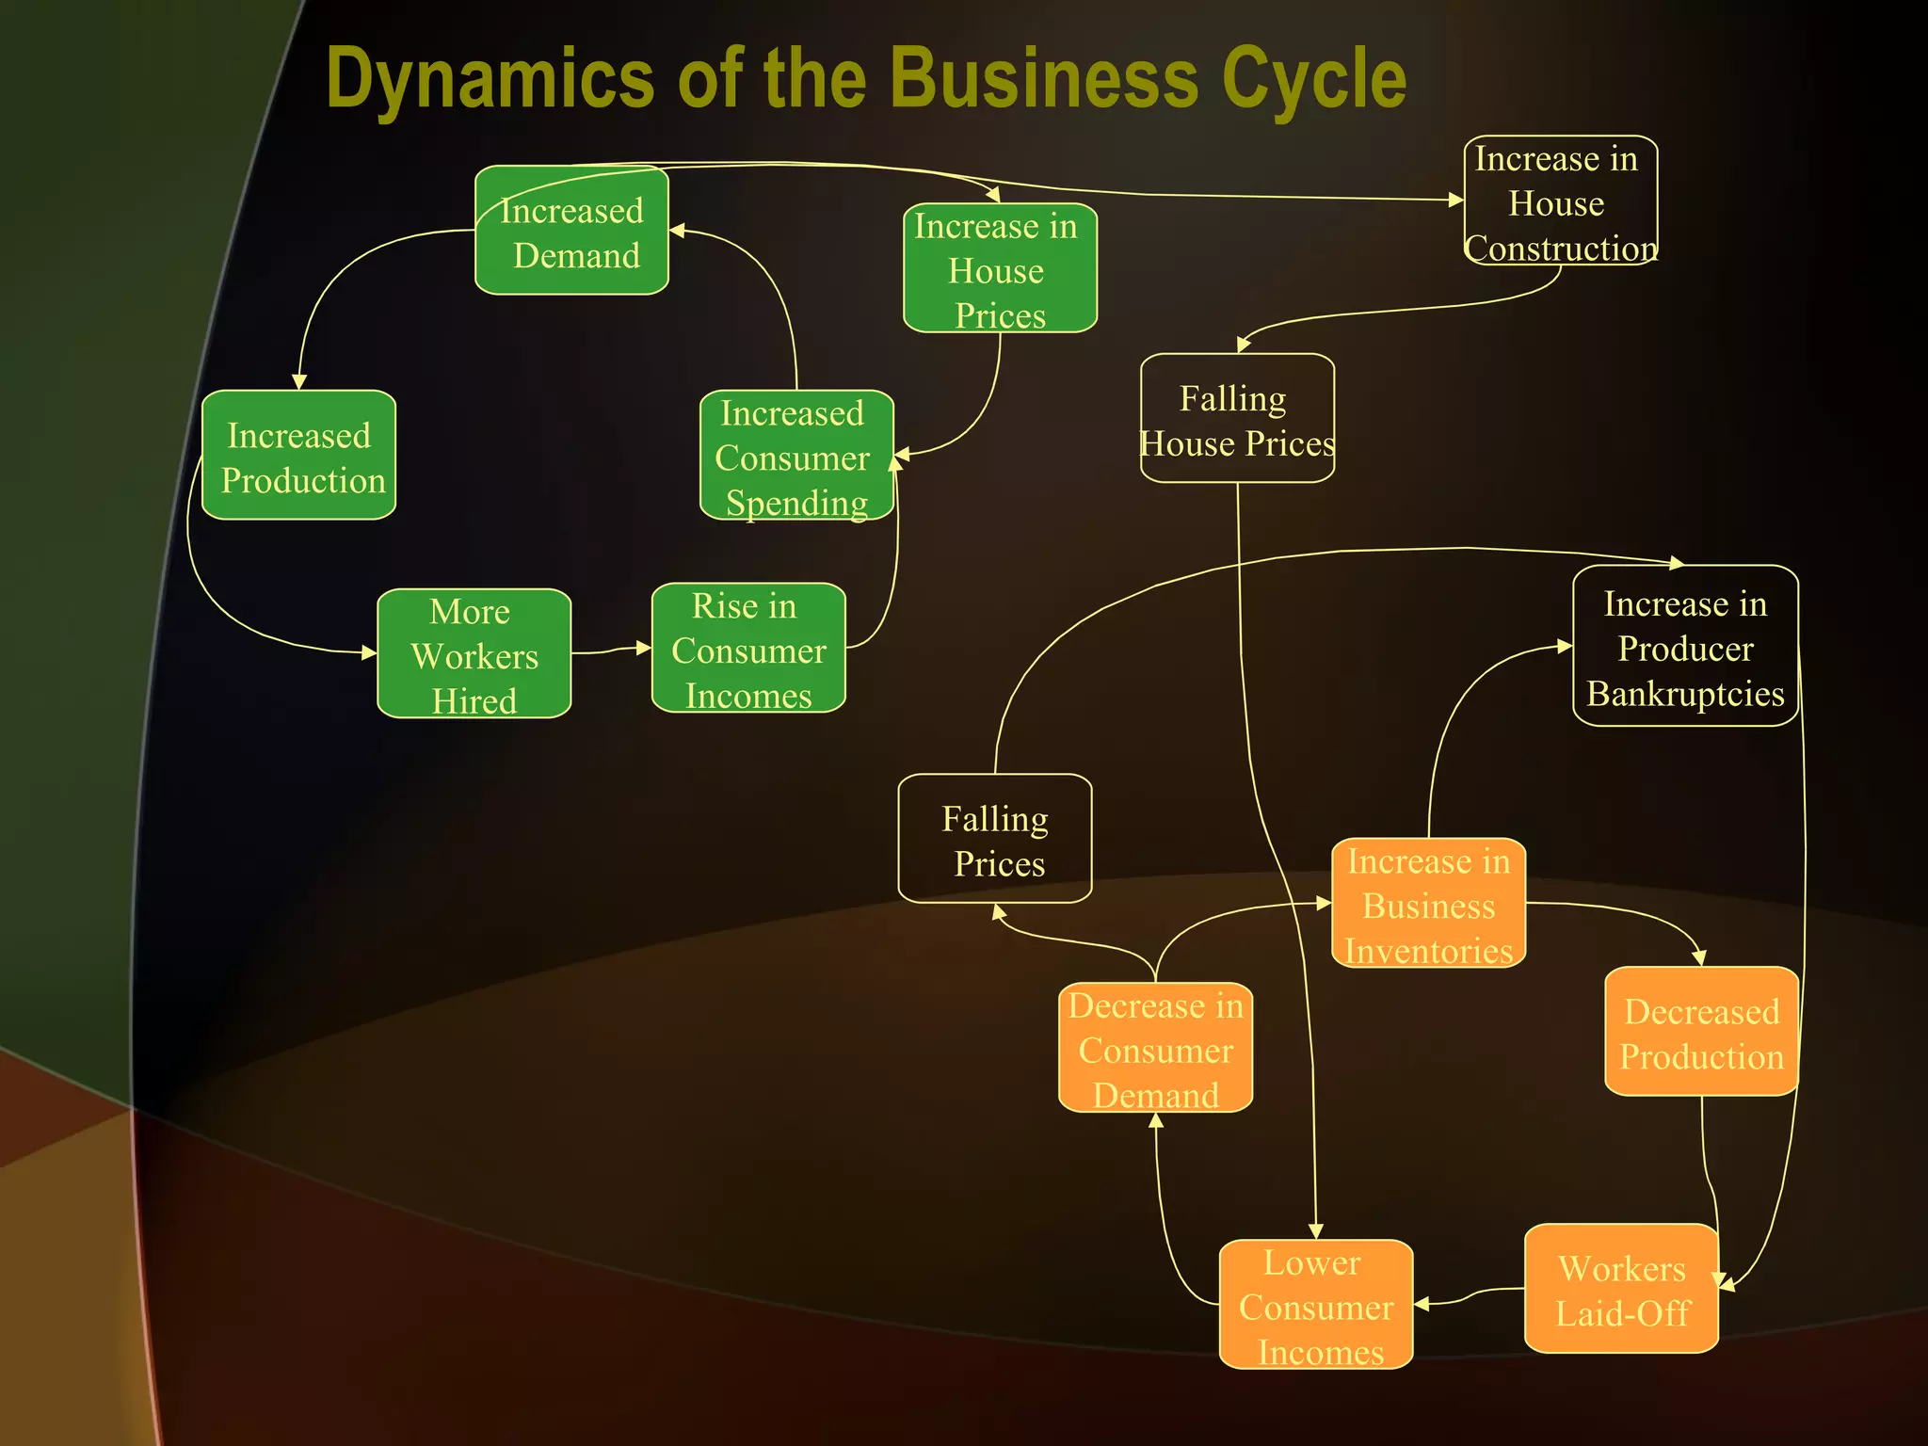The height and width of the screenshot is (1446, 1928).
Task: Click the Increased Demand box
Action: click(571, 231)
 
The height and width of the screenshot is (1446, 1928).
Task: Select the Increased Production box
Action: click(298, 455)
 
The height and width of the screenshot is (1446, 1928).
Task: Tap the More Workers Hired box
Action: click(474, 654)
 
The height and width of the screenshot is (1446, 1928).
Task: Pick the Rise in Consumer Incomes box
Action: click(748, 649)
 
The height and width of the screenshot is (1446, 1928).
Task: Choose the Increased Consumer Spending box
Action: click(795, 456)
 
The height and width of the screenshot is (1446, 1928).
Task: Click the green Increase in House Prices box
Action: click(1000, 268)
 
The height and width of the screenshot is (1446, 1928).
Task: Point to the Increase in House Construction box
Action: click(1560, 201)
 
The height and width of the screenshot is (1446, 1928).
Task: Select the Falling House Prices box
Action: click(1237, 418)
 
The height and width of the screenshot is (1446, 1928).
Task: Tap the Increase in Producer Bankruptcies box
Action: click(1685, 646)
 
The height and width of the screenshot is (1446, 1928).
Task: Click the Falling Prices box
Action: click(995, 839)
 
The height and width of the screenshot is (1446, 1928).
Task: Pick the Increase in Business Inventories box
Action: click(1428, 903)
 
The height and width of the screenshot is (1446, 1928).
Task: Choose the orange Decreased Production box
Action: click(1701, 1032)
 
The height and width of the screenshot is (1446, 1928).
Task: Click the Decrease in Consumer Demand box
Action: click(1155, 1048)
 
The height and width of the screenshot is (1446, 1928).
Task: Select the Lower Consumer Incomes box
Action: click(1315, 1305)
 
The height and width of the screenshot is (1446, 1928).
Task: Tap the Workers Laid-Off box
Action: click(1621, 1289)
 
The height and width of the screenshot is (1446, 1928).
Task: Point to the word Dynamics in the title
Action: click(490, 80)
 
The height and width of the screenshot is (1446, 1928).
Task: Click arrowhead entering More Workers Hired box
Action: click(369, 652)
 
